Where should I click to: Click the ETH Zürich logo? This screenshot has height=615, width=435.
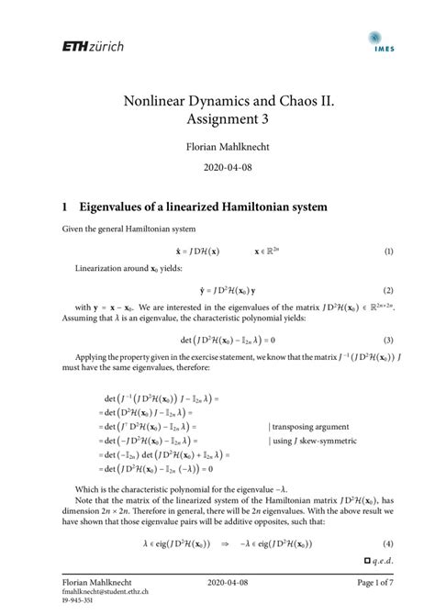[92, 46]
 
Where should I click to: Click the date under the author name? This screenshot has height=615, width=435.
[217, 170]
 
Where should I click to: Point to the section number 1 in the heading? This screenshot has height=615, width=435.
[65, 208]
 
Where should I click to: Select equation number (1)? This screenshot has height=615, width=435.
[389, 251]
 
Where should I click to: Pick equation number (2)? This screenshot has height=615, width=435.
[389, 289]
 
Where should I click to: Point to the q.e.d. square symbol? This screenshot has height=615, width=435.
[367, 559]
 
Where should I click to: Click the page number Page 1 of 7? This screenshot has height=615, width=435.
[369, 585]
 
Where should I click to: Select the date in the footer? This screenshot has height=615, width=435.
[217, 585]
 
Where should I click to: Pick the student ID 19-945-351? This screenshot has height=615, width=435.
[79, 604]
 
